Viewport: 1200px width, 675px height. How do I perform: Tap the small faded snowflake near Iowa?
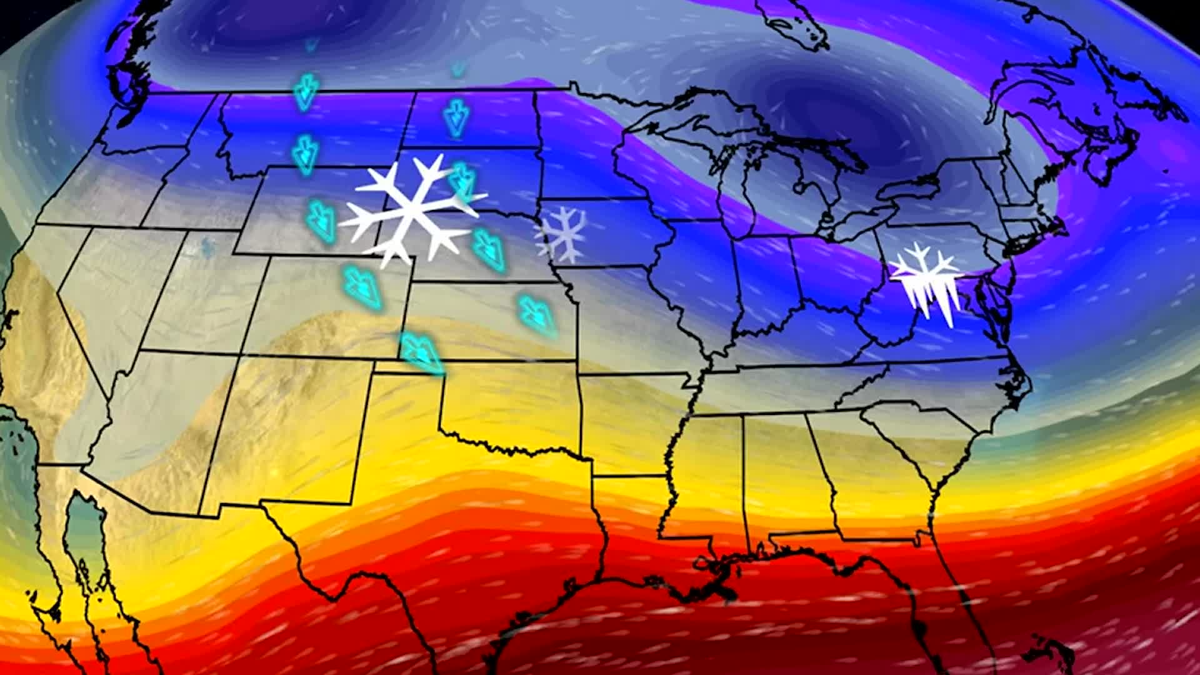click(561, 234)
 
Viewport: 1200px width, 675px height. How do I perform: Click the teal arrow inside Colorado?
click(362, 286)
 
